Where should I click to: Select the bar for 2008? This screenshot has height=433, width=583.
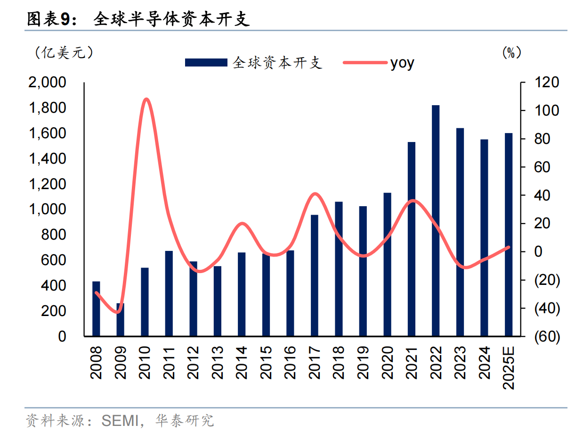tap(96, 308)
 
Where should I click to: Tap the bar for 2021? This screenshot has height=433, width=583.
tap(411, 239)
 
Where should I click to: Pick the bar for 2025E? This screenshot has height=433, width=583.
tap(509, 234)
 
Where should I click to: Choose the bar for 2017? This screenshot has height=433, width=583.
tap(314, 275)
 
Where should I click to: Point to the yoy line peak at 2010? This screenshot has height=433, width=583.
tap(146, 100)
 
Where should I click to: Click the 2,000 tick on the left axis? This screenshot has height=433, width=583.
tap(48, 83)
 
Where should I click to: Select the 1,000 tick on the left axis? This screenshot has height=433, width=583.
tap(48, 209)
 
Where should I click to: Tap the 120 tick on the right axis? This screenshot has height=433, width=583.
tap(546, 83)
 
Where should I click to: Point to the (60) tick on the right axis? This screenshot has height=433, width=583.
tap(546, 337)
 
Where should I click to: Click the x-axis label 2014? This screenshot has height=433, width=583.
tap(242, 362)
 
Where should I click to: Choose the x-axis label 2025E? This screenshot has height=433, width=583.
tap(509, 367)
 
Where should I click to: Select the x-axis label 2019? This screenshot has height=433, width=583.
tap(363, 362)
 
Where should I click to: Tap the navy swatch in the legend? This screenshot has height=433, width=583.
tap(206, 63)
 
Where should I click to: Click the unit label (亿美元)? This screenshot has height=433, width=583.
tap(64, 52)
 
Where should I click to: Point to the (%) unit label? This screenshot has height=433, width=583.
tap(511, 52)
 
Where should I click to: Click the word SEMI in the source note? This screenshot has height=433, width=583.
tap(121, 420)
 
